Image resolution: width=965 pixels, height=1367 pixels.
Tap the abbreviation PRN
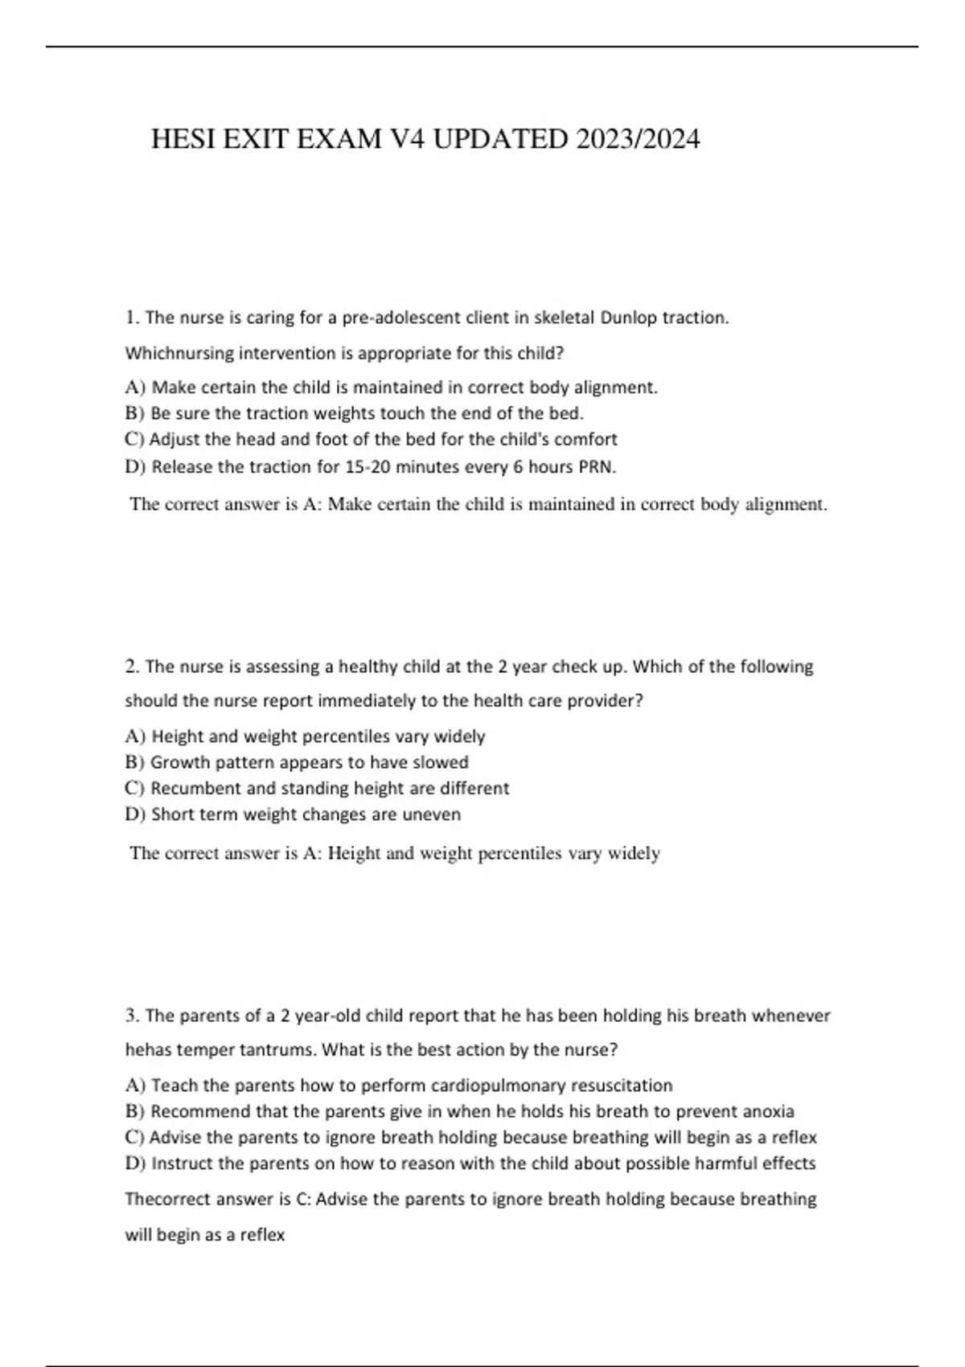click(597, 467)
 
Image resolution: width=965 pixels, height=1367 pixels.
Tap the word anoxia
click(768, 1111)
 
